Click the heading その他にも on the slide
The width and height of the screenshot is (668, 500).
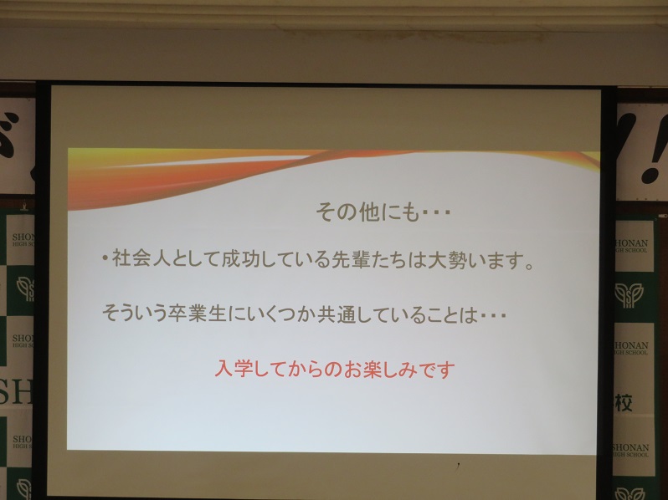click(368, 212)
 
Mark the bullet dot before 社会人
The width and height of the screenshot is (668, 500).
click(105, 258)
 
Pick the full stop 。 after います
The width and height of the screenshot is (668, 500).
click(529, 267)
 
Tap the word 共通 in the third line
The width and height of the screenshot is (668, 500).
click(337, 316)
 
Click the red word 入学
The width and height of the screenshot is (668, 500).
click(233, 369)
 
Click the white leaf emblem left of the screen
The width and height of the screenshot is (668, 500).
click(26, 288)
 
